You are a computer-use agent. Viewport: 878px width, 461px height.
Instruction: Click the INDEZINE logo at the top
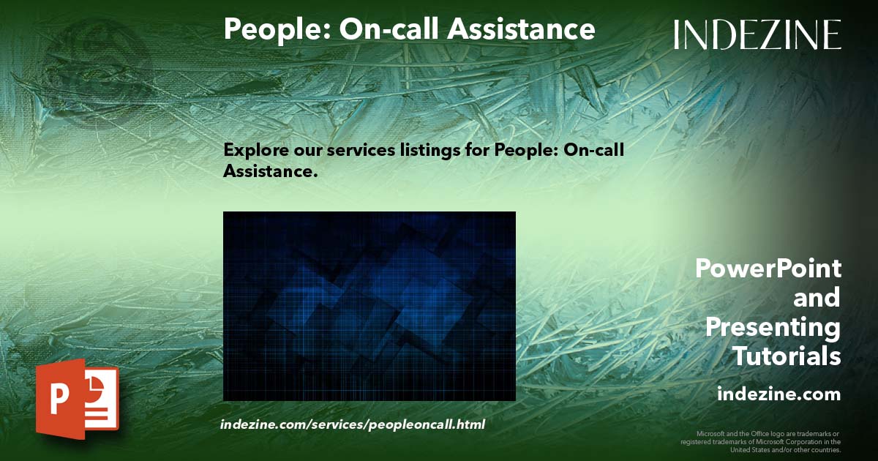point(757,34)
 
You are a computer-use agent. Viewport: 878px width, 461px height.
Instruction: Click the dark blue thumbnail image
point(369,306)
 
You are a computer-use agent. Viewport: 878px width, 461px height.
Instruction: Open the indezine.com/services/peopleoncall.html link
point(352,424)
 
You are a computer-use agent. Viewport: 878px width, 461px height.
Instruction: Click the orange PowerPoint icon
point(76,399)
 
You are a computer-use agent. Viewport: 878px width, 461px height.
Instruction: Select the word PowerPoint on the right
point(768,269)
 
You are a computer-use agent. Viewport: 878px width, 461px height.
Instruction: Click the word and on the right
point(817,298)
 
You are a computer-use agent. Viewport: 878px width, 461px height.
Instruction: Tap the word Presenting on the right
point(773,327)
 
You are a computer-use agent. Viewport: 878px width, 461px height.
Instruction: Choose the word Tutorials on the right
point(787,356)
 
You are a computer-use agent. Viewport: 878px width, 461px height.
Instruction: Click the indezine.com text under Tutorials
point(778,394)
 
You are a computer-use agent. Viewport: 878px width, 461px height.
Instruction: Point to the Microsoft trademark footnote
point(761,442)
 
